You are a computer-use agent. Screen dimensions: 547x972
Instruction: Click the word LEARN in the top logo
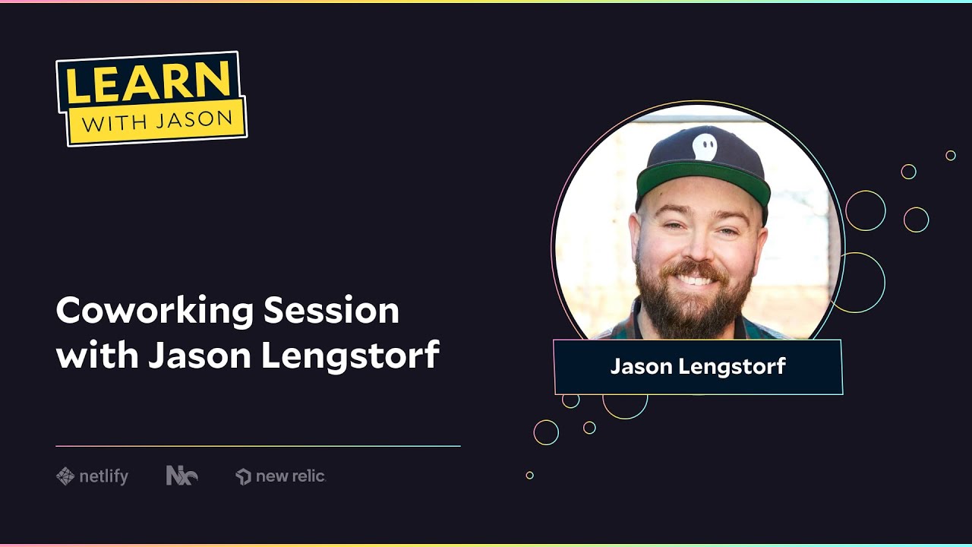(149, 81)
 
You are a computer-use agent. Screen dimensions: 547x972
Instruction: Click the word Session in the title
(331, 311)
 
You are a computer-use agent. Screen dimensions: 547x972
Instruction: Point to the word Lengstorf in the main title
(350, 355)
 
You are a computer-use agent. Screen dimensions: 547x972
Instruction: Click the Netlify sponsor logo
(93, 476)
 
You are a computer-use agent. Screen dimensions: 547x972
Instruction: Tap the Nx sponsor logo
(181, 476)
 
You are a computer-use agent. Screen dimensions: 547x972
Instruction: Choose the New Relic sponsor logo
(281, 476)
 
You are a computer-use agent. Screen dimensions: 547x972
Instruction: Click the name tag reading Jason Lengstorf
(698, 367)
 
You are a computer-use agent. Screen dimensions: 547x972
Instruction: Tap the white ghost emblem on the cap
(705, 147)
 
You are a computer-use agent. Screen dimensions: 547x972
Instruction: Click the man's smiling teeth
(696, 279)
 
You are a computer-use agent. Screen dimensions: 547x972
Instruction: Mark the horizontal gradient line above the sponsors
(258, 446)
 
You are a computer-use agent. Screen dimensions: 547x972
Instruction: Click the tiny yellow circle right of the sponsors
(530, 476)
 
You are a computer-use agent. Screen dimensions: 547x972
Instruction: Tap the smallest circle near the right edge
(951, 156)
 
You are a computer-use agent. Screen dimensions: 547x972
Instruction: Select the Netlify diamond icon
(65, 476)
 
